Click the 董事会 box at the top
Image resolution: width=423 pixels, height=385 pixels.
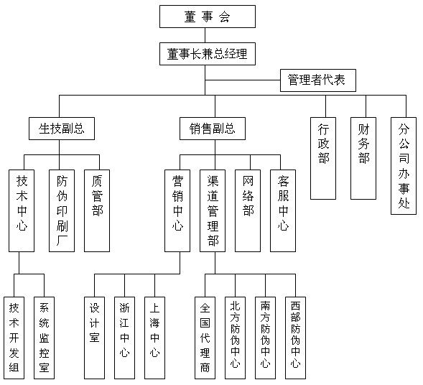[207, 17]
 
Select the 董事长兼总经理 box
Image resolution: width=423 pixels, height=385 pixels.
[207, 54]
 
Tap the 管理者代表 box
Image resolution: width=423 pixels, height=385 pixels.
[318, 80]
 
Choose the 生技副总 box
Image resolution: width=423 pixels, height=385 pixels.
[62, 129]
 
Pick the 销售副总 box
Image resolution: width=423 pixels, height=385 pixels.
[213, 129]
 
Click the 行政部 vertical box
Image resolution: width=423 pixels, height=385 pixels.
[323, 158]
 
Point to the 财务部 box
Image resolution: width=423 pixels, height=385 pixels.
[363, 158]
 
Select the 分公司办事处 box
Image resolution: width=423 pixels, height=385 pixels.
[404, 166]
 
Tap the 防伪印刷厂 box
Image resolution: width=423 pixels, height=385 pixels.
[62, 210]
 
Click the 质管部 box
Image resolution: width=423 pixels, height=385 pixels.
[97, 210]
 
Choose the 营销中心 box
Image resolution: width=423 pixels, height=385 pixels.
[177, 210]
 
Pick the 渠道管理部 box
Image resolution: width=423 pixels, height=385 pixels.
[213, 210]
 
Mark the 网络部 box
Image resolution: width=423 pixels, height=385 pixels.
[248, 210]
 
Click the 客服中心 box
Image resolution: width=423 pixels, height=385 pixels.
[283, 210]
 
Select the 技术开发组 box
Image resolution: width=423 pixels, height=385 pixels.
[14, 338]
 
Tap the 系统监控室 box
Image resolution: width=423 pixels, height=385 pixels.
[44, 338]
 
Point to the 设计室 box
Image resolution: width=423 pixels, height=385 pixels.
[94, 338]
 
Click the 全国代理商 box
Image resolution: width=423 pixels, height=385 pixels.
[205, 338]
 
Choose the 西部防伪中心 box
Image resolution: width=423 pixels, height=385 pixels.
[295, 338]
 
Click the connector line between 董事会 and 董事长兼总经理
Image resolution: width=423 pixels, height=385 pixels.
[205, 35]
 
